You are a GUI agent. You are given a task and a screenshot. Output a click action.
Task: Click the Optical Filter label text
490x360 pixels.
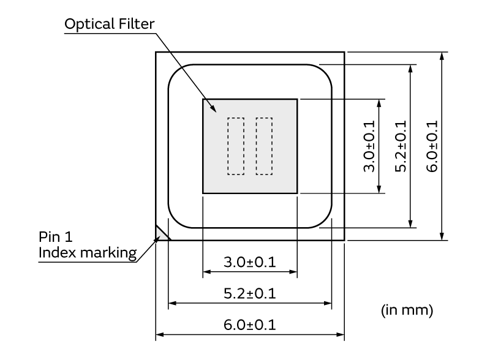[110, 24]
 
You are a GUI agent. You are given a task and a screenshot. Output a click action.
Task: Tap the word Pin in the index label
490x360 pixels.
[49, 237]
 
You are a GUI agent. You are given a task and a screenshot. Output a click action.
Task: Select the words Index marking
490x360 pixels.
[88, 253]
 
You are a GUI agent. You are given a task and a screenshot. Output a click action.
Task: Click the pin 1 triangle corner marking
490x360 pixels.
[160, 234]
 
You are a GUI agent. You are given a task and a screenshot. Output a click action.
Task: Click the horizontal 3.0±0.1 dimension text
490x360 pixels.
[250, 262]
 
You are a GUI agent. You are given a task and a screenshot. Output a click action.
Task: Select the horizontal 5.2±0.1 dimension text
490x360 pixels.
[250, 293]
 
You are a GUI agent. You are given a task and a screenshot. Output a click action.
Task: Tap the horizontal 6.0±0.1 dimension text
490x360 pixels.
[250, 325]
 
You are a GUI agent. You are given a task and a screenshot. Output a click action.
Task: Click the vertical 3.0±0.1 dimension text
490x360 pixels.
[369, 146]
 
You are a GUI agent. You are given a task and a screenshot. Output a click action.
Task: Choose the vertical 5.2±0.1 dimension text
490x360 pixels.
[401, 146]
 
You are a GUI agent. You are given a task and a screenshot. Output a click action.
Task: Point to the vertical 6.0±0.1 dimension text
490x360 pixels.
[432, 146]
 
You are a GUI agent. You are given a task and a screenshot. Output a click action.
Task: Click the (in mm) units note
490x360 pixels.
[407, 310]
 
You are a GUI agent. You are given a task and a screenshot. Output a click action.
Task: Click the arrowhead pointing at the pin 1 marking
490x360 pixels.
[157, 239]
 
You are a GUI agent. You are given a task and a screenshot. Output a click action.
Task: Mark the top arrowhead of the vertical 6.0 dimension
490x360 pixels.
[442, 56]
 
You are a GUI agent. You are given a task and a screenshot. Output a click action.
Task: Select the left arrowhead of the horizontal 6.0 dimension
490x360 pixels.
[160, 335]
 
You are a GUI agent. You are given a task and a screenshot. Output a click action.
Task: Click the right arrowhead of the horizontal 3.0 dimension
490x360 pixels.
[293, 272]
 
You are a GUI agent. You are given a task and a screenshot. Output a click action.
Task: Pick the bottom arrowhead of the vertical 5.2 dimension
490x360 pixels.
[410, 223]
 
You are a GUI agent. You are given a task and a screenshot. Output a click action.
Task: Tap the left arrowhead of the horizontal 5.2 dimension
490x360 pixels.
[173, 303]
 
